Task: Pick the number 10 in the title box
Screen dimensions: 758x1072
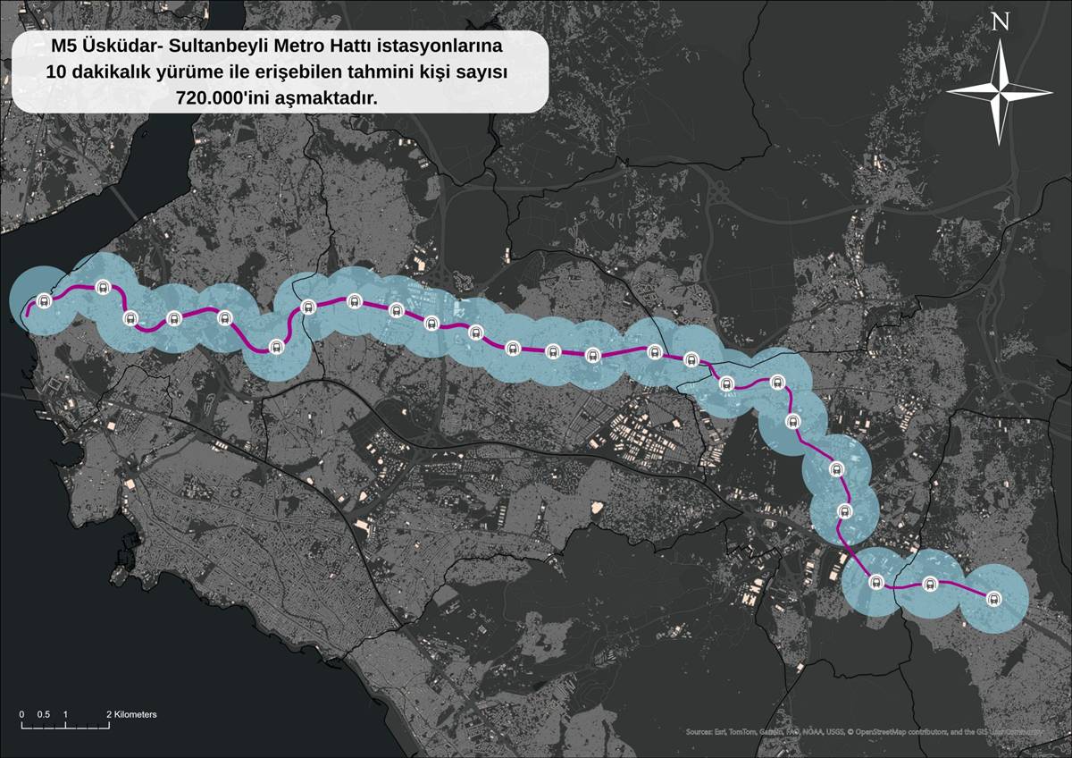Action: tap(58, 72)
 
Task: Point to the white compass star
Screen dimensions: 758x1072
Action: tap(1000, 90)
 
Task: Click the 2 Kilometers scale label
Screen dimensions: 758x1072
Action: tap(131, 715)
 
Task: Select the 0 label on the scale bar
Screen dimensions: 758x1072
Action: tap(21, 715)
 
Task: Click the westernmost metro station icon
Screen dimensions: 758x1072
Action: tap(45, 301)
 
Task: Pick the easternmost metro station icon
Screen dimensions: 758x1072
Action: tap(993, 599)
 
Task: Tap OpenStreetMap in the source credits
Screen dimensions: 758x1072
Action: tap(884, 732)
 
